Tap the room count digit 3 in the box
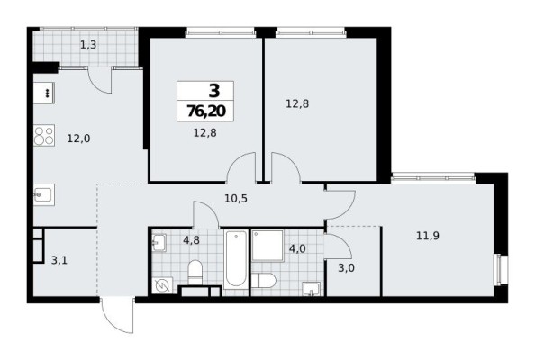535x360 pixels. point(214,91)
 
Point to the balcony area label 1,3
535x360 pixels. point(86,43)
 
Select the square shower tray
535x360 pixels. point(267,247)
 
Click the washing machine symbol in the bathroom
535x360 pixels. point(163,285)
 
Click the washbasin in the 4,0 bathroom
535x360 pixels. point(311,288)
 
